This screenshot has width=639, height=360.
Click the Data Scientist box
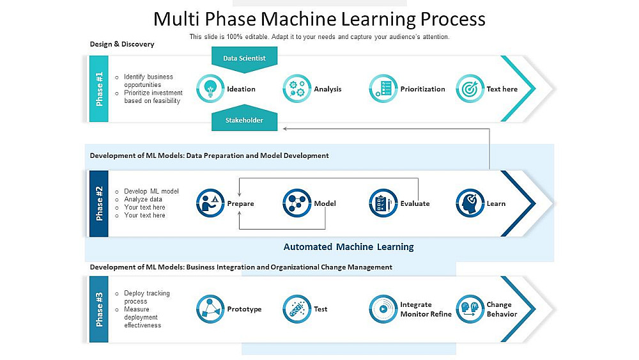click(x=244, y=58)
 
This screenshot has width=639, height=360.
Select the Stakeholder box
click(x=244, y=120)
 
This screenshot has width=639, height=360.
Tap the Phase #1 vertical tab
click(x=99, y=88)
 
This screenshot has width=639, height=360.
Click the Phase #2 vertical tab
click(x=99, y=203)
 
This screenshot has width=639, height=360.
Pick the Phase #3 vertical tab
click(x=99, y=309)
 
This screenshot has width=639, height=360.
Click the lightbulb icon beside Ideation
click(x=210, y=88)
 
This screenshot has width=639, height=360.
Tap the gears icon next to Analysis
click(x=296, y=88)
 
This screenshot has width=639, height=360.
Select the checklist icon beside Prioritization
click(x=383, y=88)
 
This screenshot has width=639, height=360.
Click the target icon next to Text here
click(x=470, y=89)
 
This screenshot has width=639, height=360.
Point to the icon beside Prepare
click(x=210, y=203)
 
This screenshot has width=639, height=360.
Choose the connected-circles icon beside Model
click(x=296, y=203)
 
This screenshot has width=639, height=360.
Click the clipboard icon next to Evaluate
click(x=383, y=203)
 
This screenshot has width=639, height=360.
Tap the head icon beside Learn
click(x=470, y=203)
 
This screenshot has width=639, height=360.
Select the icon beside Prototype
click(x=210, y=309)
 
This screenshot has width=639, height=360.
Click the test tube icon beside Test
click(x=296, y=309)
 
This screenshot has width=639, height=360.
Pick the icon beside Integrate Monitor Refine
click(x=383, y=309)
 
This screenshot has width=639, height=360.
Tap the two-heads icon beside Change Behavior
click(x=470, y=309)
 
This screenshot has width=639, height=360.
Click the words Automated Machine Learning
click(x=348, y=247)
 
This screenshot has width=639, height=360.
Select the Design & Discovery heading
click(x=122, y=44)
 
